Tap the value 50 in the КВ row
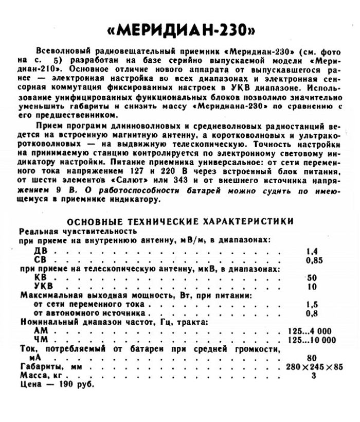coord(311,278)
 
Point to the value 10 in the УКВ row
coord(311,287)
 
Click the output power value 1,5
coord(311,305)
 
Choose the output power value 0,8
coord(311,313)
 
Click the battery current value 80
coord(311,358)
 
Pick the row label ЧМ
coord(40,340)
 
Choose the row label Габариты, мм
coord(49,367)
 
